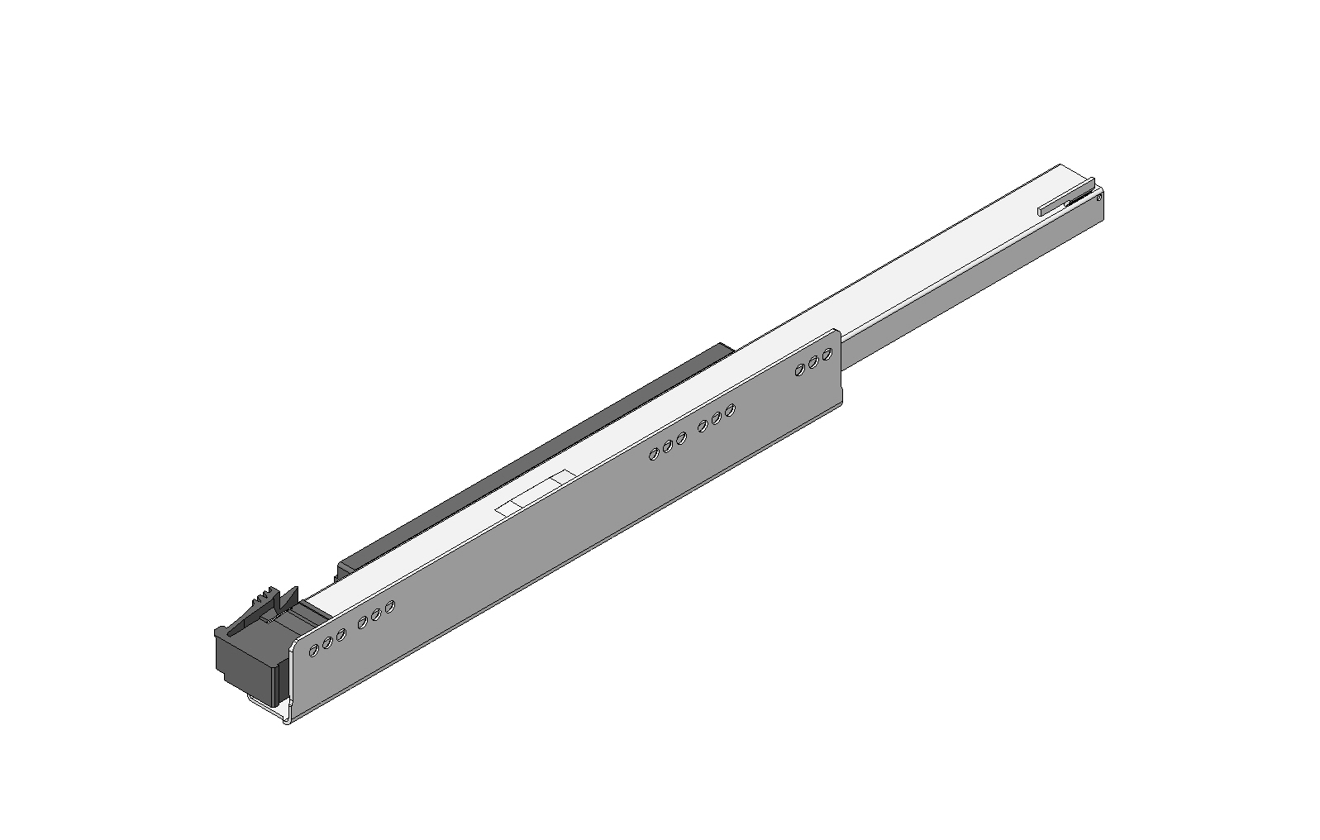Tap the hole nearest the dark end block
point(313,651)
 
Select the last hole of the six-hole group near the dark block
point(389,607)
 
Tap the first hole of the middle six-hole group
point(654,454)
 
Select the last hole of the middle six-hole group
point(730,410)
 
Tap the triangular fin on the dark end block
point(288,599)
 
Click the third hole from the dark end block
point(341,635)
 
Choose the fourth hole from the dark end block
point(362,623)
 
